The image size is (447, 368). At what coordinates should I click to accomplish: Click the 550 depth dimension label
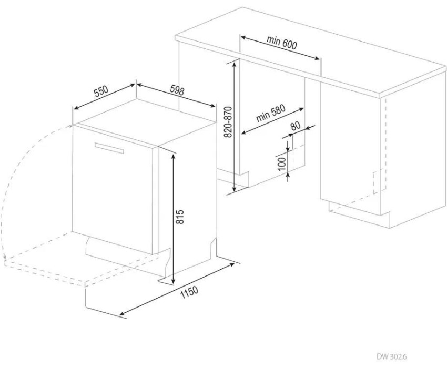(101, 91)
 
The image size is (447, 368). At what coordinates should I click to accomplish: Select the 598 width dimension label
(177, 90)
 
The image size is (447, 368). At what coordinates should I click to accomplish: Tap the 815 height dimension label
(180, 217)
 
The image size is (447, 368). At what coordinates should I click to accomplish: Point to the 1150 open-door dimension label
(189, 292)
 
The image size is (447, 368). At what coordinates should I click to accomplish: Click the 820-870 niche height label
(228, 122)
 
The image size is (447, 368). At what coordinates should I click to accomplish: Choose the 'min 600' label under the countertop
(282, 43)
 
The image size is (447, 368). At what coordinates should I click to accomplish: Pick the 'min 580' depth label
(270, 114)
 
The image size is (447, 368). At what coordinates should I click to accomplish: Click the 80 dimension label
(296, 126)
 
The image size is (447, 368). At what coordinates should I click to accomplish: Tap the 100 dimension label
(282, 163)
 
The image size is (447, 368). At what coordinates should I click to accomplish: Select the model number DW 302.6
(394, 356)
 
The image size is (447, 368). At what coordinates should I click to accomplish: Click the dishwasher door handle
(109, 148)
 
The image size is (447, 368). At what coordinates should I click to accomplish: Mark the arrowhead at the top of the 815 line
(173, 156)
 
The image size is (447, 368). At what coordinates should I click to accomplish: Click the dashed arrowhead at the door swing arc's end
(5, 258)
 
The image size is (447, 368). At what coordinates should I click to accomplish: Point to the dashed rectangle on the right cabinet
(380, 181)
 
